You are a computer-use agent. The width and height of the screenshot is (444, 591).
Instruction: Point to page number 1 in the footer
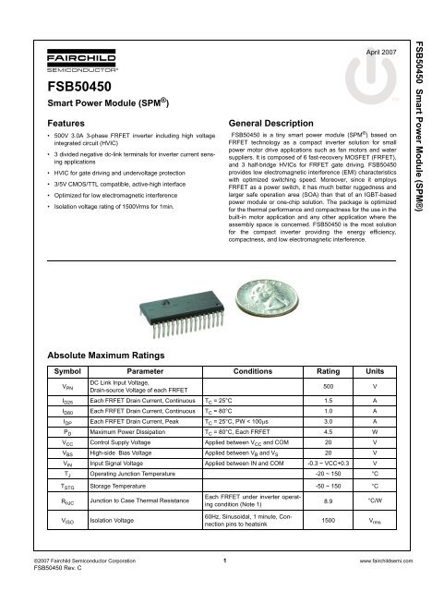click(223, 561)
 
